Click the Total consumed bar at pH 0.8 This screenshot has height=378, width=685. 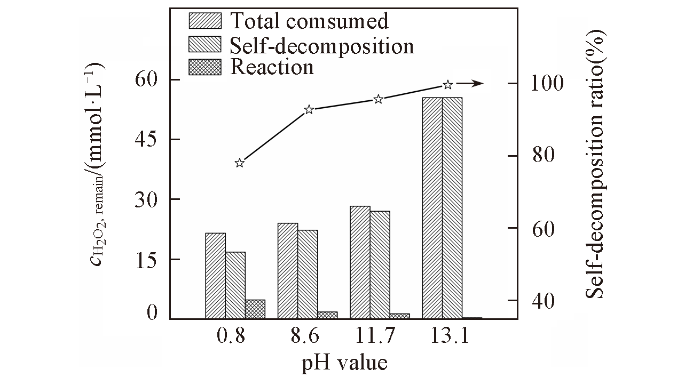(x=215, y=276)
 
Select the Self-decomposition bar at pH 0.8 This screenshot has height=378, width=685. (x=235, y=285)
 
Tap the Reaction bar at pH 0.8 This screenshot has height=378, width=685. (x=255, y=309)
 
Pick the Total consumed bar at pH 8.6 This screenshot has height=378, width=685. (x=288, y=271)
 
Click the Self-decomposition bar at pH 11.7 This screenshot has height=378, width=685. (x=380, y=265)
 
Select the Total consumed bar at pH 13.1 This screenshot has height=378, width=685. (x=432, y=208)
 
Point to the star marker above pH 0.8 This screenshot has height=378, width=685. (x=240, y=163)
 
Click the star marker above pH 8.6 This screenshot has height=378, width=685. (x=309, y=109)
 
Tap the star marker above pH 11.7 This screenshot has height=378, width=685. (x=378, y=99)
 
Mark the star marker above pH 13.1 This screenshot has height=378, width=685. (x=448, y=85)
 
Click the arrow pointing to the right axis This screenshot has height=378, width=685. (x=472, y=84)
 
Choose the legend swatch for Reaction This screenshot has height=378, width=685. (x=204, y=67)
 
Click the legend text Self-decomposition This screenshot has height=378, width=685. (x=322, y=46)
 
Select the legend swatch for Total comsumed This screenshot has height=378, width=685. (x=204, y=21)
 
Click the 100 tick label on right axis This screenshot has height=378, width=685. (x=546, y=84)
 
